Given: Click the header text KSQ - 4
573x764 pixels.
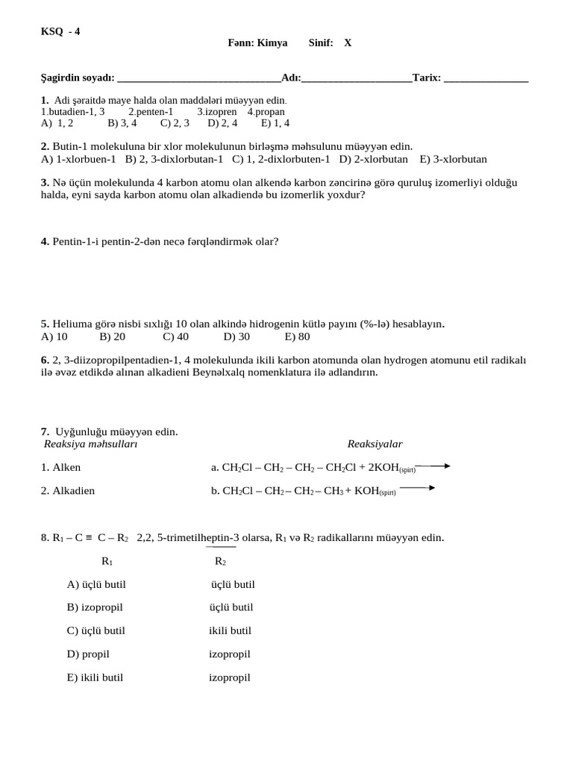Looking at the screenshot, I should [x=60, y=31].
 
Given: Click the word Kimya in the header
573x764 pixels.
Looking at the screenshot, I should [x=272, y=43].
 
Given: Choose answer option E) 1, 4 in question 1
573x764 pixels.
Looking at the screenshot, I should [x=275, y=123].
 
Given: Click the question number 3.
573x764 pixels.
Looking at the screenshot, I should [x=45, y=183].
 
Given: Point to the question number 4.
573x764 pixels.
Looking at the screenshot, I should [x=45, y=242].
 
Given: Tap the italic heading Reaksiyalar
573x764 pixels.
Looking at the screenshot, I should [x=375, y=444].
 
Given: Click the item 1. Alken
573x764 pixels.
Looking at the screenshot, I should [x=61, y=468].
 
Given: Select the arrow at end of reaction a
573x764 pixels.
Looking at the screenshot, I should [x=436, y=466].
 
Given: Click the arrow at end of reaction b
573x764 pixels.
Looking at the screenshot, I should [x=418, y=489].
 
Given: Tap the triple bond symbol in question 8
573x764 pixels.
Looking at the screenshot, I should [x=89, y=537].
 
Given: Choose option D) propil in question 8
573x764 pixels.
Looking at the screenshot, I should [x=88, y=654].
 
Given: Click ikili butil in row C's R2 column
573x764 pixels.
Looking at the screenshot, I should [x=231, y=630].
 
